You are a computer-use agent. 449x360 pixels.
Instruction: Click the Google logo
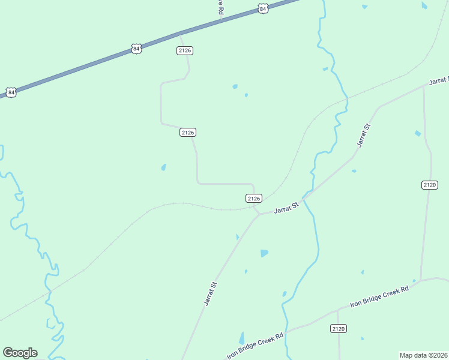click(x=20, y=353)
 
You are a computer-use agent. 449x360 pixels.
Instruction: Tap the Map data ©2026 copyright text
click(x=423, y=355)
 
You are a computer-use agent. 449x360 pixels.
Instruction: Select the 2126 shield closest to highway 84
click(x=185, y=50)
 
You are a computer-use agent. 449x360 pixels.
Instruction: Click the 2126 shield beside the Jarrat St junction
click(x=254, y=198)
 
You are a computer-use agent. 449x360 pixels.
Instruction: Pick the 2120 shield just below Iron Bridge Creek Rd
click(x=339, y=328)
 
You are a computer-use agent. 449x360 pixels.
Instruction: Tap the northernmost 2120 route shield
click(x=429, y=185)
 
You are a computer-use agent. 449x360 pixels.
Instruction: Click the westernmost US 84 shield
click(x=11, y=92)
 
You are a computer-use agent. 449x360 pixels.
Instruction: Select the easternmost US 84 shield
click(x=263, y=8)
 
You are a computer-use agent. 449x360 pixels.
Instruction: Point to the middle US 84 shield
click(x=136, y=49)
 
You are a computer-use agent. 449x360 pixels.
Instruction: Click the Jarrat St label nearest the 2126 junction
click(x=286, y=209)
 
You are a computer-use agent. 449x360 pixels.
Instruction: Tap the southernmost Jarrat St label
click(x=209, y=293)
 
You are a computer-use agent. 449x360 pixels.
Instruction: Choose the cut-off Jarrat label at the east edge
click(x=439, y=81)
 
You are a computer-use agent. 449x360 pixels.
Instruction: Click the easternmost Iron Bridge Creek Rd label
click(x=380, y=297)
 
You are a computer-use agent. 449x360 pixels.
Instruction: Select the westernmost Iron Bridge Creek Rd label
click(x=255, y=346)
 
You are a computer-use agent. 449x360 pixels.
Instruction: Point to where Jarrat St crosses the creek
click(x=304, y=198)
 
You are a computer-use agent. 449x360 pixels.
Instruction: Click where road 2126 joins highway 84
click(x=179, y=33)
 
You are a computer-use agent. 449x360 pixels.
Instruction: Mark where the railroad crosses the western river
click(x=50, y=291)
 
